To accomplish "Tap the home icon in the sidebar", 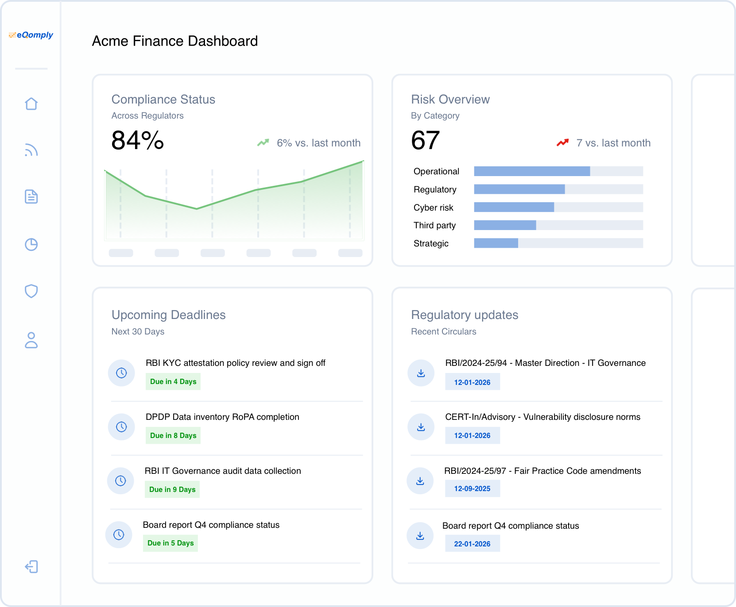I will pyautogui.click(x=31, y=104).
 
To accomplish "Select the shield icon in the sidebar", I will pyautogui.click(x=31, y=291).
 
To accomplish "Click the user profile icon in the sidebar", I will pyautogui.click(x=31, y=340).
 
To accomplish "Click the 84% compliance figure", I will pyautogui.click(x=137, y=141).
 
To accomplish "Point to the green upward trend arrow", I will pyautogui.click(x=263, y=142).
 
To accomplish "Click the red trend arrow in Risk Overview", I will pyautogui.click(x=562, y=142).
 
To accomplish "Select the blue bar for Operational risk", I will pyautogui.click(x=531, y=171).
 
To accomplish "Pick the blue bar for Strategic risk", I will pyautogui.click(x=496, y=243).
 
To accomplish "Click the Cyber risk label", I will pyautogui.click(x=433, y=207).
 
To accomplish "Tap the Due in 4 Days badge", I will pyautogui.click(x=173, y=381).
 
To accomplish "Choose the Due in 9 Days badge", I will pyautogui.click(x=172, y=489).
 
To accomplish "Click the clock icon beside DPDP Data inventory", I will pyautogui.click(x=121, y=427).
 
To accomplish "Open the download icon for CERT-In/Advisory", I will pyautogui.click(x=421, y=427).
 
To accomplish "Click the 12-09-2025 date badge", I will pyautogui.click(x=472, y=488).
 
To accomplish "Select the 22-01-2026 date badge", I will pyautogui.click(x=472, y=544).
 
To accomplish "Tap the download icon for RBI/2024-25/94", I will pyautogui.click(x=421, y=373).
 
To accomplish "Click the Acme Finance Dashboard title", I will pyautogui.click(x=175, y=41).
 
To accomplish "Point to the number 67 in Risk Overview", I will pyautogui.click(x=425, y=141).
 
